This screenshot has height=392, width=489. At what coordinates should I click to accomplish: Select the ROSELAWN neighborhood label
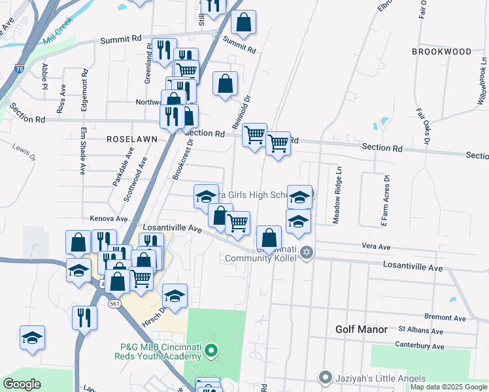point(128,139)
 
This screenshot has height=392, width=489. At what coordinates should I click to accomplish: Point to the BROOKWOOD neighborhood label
point(441,52)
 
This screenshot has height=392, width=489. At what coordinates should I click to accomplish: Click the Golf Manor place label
point(362,330)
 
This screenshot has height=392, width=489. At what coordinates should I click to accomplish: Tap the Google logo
point(22,384)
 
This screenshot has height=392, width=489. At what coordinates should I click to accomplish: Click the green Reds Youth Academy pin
point(211,351)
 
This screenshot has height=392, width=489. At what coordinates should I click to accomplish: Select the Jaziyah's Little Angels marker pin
point(326,378)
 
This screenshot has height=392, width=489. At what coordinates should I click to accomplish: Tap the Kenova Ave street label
point(109,218)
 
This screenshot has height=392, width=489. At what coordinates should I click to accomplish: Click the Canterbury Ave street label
point(419,346)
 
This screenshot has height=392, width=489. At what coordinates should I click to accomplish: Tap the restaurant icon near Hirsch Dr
point(84,318)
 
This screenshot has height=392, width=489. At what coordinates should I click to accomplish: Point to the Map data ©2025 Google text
point(448,387)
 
